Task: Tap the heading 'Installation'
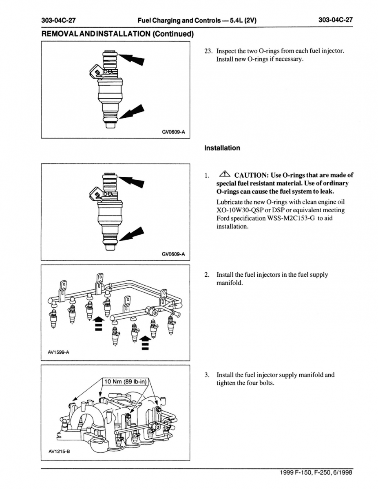click(x=222, y=148)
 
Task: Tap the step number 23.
click(x=208, y=51)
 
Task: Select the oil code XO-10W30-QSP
click(x=240, y=210)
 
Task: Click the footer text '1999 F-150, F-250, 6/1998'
click(x=316, y=473)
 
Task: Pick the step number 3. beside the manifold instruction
click(x=207, y=375)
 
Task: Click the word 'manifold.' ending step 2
click(x=229, y=282)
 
